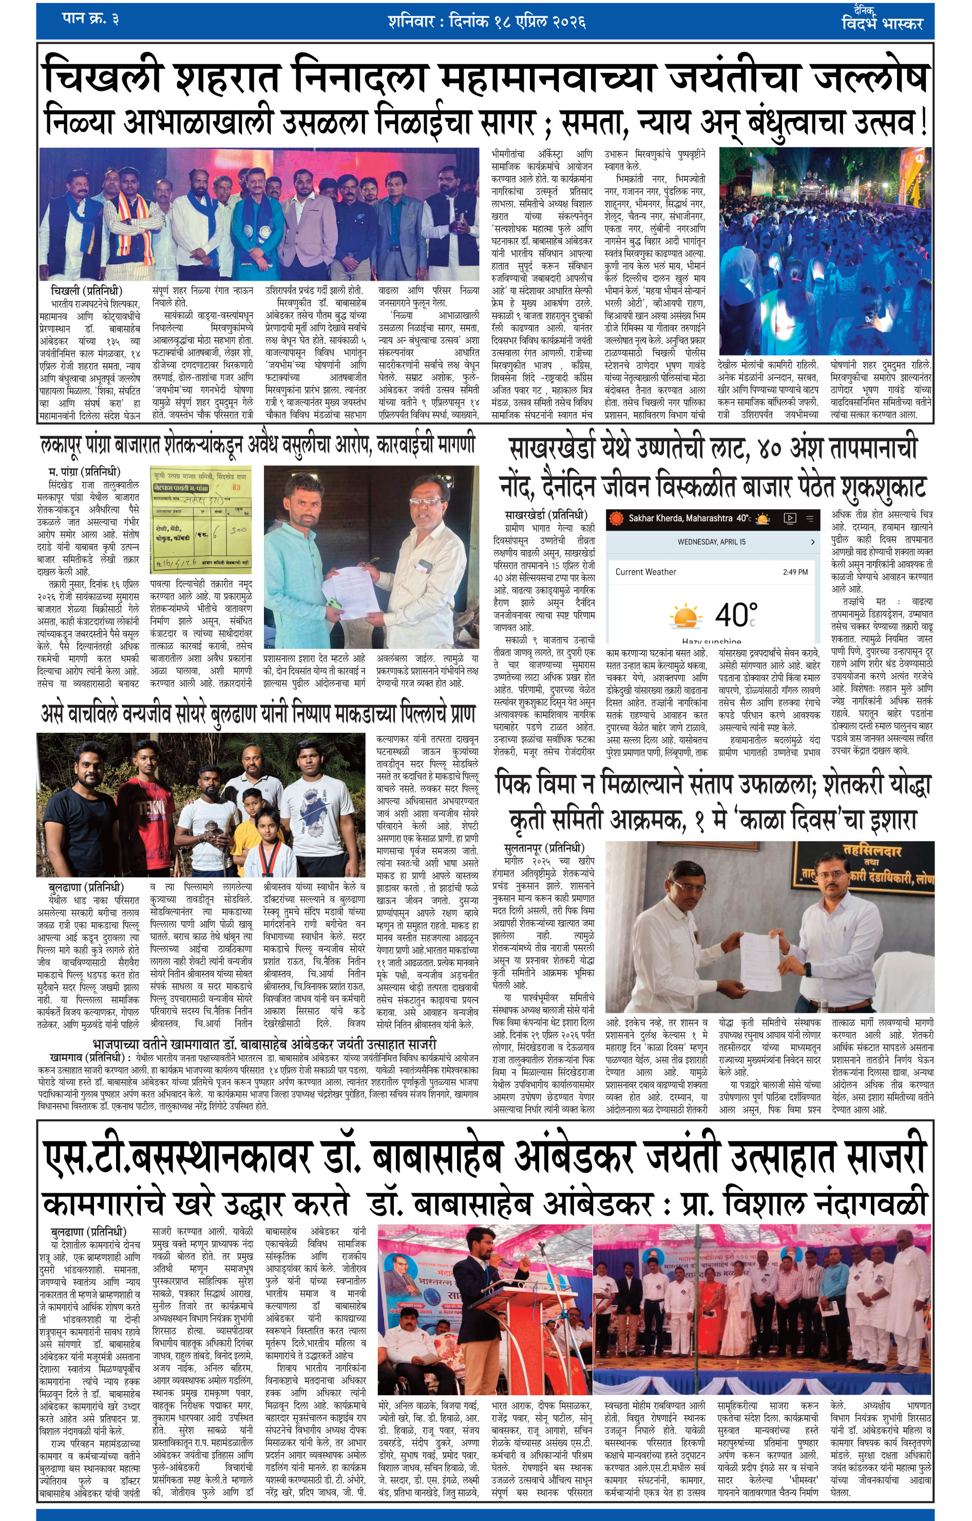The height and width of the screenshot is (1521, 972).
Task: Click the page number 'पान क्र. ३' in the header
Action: [90, 18]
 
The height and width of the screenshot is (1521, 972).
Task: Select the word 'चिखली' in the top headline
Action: [102, 79]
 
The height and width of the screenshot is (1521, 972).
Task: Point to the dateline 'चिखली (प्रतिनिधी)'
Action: [86, 290]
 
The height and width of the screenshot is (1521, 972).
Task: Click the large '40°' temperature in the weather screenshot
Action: [736, 614]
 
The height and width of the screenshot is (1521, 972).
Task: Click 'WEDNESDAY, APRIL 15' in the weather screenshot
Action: [711, 541]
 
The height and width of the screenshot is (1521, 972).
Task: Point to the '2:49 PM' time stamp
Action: [795, 572]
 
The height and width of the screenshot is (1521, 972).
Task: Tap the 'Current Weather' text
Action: [645, 572]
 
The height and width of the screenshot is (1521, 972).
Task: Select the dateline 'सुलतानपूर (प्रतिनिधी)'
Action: [544, 848]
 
